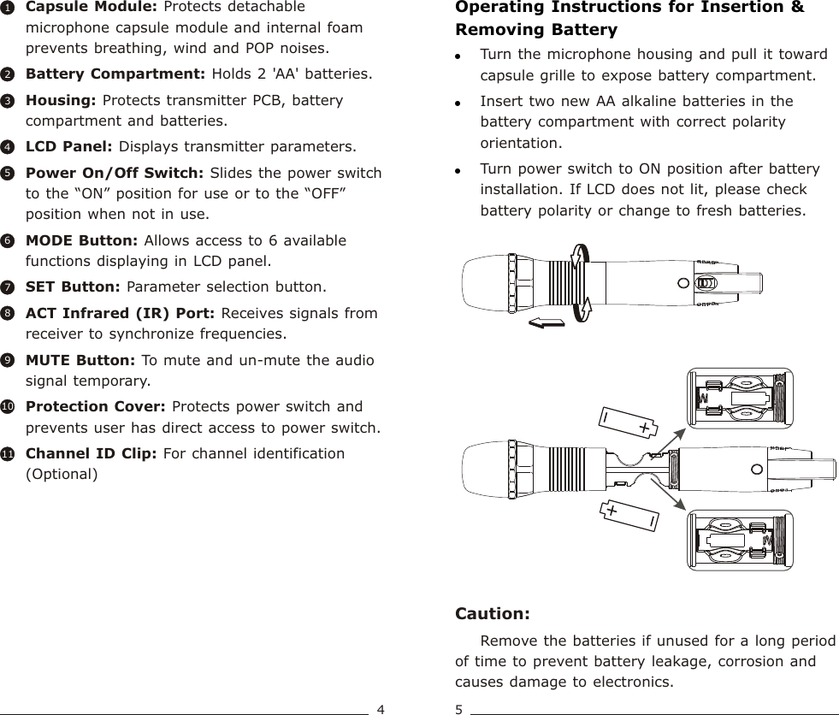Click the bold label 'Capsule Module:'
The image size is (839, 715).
77,7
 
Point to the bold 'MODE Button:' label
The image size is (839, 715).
78,240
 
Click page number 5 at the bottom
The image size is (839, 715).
459,709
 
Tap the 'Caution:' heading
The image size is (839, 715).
493,614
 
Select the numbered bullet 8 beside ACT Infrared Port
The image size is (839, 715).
7,314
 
